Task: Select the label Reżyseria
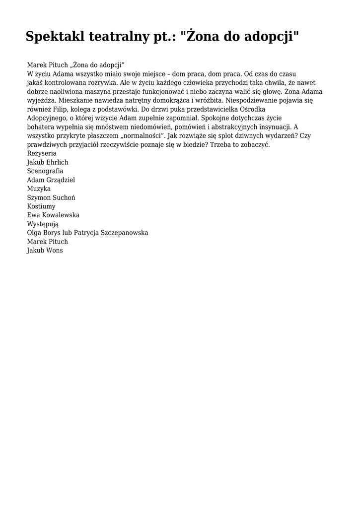(42, 153)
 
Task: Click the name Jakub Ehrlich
(48, 162)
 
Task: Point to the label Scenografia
(45, 171)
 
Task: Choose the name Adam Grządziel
(51, 180)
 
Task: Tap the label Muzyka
(39, 189)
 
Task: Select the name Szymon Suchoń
(51, 197)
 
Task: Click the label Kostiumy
(41, 206)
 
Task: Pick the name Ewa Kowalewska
(53, 215)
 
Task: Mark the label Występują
(43, 224)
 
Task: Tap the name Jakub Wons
(45, 251)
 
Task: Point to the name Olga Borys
(44, 233)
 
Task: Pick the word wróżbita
(211, 100)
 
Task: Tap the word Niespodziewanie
(251, 100)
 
